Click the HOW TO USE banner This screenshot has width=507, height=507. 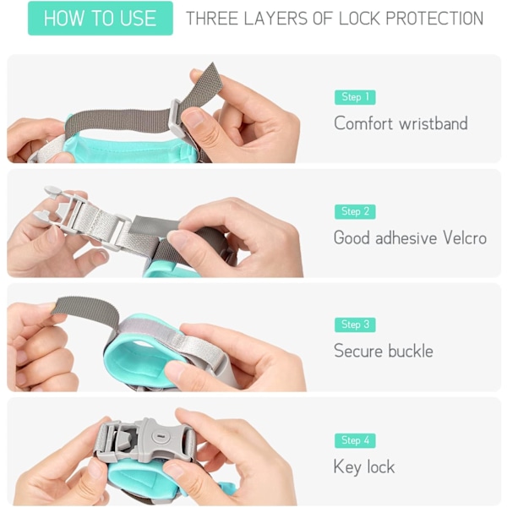(101, 18)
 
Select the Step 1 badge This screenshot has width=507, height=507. (355, 97)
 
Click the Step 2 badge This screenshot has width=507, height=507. (355, 211)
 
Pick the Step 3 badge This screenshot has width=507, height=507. (355, 324)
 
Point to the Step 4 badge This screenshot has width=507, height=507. (355, 440)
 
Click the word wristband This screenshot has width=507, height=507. (433, 123)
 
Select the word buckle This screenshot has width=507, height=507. (411, 351)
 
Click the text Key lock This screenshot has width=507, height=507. (364, 467)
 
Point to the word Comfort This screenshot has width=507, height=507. (363, 123)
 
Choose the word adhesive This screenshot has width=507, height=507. (406, 237)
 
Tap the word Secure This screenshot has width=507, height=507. (358, 351)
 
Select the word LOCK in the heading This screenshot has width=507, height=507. (359, 18)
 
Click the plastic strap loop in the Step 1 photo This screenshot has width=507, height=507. (177, 118)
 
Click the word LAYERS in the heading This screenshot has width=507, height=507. (275, 18)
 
